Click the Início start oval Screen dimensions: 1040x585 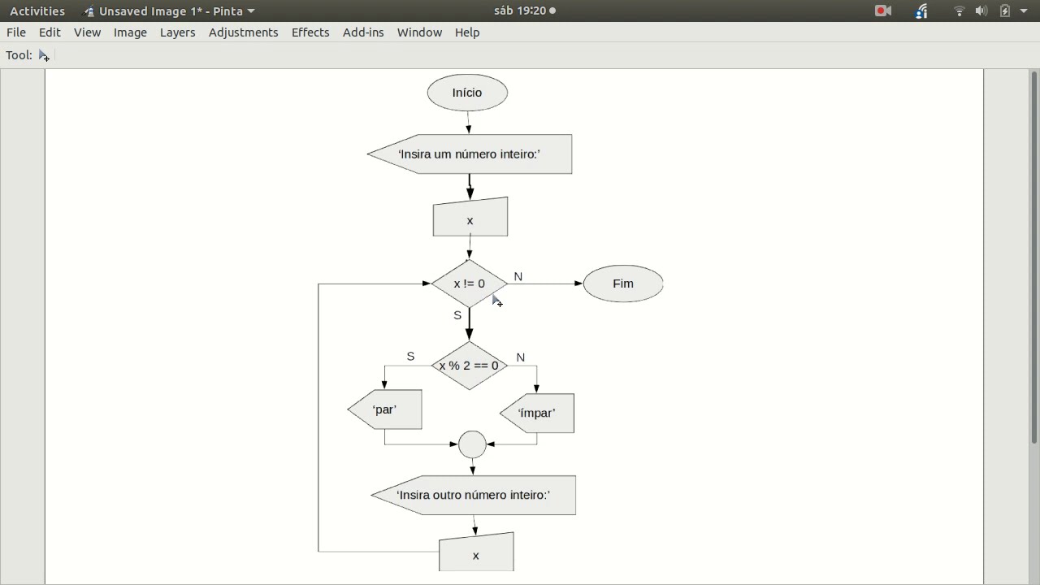click(x=467, y=93)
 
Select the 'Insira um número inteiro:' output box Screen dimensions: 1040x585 click(x=470, y=154)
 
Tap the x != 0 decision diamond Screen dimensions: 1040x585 click(x=470, y=284)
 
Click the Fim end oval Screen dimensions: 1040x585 click(x=623, y=284)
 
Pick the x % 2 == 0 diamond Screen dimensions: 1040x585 click(x=470, y=366)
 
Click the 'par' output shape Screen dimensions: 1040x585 click(x=385, y=409)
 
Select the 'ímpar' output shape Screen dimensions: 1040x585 click(x=537, y=414)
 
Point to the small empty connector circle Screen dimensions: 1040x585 click(x=472, y=444)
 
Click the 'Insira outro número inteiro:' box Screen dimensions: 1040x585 click(x=473, y=495)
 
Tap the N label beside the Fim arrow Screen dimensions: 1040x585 click(x=518, y=277)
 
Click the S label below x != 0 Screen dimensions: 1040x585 click(x=457, y=316)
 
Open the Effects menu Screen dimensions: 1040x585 click(x=310, y=32)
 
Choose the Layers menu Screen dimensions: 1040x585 click(x=177, y=32)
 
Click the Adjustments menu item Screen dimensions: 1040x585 click(x=243, y=32)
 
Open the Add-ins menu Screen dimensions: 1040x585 click(x=363, y=32)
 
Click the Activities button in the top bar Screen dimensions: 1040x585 click(x=37, y=11)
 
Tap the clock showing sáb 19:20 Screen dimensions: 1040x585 click(x=520, y=11)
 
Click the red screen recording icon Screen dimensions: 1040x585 click(x=882, y=11)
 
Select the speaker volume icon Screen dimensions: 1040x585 click(x=981, y=11)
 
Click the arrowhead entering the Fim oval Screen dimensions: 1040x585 click(x=578, y=284)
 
